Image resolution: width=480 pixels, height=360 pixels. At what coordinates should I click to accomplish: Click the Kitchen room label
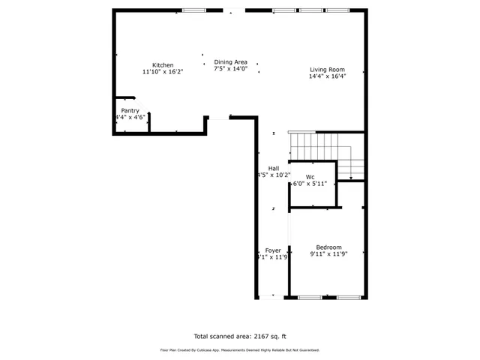(163, 65)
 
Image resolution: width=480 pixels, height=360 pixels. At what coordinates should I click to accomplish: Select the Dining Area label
(230, 62)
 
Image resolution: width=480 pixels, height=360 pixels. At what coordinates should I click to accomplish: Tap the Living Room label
(328, 70)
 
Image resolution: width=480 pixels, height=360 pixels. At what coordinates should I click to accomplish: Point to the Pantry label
(130, 111)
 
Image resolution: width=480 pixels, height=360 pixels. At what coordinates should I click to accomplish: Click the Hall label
(274, 168)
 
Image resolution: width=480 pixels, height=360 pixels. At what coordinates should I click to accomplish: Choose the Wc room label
(310, 177)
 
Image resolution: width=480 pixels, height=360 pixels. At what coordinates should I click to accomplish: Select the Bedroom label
(328, 247)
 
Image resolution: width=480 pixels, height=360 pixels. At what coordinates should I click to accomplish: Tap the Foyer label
(273, 250)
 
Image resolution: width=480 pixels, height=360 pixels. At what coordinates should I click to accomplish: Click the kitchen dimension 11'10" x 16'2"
(163, 72)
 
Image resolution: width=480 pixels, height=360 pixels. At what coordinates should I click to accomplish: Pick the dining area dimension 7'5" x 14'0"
(230, 69)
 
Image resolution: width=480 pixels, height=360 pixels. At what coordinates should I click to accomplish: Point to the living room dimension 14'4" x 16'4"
(328, 76)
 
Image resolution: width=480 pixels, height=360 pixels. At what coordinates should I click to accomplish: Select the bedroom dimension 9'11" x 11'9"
(328, 254)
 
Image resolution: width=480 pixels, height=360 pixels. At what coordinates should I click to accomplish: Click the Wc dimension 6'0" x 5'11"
(310, 184)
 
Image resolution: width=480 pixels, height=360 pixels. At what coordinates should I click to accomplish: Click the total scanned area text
(239, 336)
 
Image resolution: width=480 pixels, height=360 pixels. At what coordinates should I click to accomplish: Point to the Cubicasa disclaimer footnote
(239, 349)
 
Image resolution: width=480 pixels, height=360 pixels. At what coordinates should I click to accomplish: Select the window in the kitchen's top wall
(194, 10)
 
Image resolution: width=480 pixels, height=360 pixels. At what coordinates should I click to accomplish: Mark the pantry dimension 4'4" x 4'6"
(130, 118)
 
